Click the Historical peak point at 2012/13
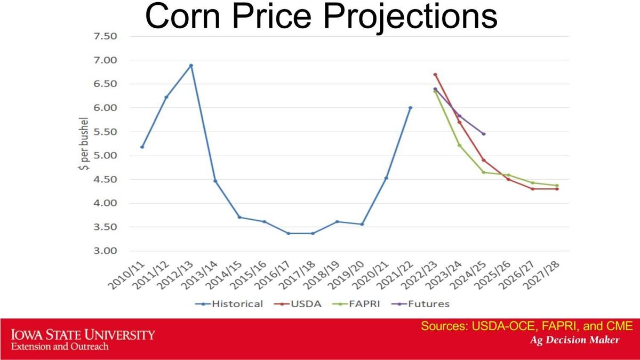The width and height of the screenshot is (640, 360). [x=191, y=66]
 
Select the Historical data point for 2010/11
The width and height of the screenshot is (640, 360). [x=142, y=147]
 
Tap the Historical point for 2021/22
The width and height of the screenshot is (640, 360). [x=410, y=108]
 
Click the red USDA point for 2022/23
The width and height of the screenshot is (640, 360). [x=435, y=75]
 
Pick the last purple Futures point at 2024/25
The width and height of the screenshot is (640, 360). [x=484, y=134]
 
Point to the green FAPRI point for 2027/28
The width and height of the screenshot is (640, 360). [x=557, y=186]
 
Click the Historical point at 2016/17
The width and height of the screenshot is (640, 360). [x=289, y=233]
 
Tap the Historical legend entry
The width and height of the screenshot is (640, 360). [x=230, y=304]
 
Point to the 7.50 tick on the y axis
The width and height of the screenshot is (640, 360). [x=105, y=36]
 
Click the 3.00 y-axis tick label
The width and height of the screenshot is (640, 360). [x=105, y=251]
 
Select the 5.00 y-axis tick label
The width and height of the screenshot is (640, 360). [x=105, y=156]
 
